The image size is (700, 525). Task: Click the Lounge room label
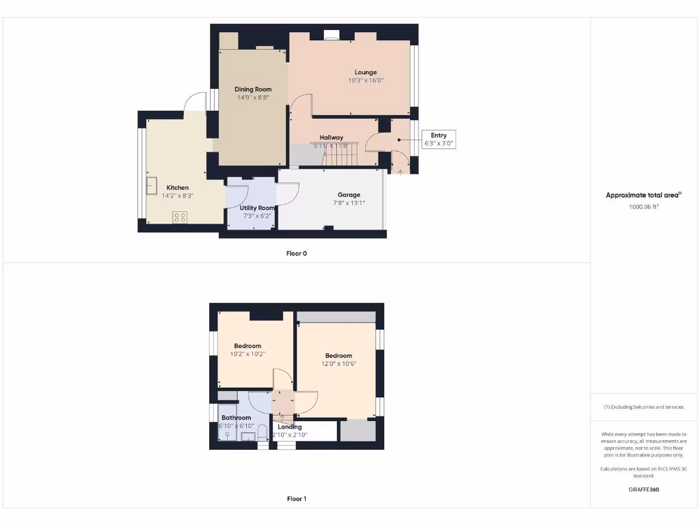click(x=366, y=72)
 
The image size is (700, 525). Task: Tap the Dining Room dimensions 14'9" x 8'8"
click(x=253, y=98)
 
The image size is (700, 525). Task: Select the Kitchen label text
click(x=178, y=188)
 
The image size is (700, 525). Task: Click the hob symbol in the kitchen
click(x=180, y=217)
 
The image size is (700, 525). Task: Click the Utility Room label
click(x=257, y=208)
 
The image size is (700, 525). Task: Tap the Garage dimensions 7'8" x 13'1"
click(x=349, y=203)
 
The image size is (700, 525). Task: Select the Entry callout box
click(x=439, y=139)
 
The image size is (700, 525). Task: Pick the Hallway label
click(x=332, y=137)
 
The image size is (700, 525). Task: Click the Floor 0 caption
click(x=297, y=254)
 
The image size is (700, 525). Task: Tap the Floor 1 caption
click(x=297, y=499)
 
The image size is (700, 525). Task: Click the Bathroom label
click(x=236, y=418)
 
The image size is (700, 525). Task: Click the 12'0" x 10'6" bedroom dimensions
click(x=338, y=364)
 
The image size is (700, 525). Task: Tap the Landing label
click(x=290, y=427)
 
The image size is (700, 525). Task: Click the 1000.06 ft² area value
click(x=643, y=206)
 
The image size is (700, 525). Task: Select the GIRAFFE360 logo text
click(x=644, y=489)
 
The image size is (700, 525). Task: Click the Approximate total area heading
click(x=643, y=196)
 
